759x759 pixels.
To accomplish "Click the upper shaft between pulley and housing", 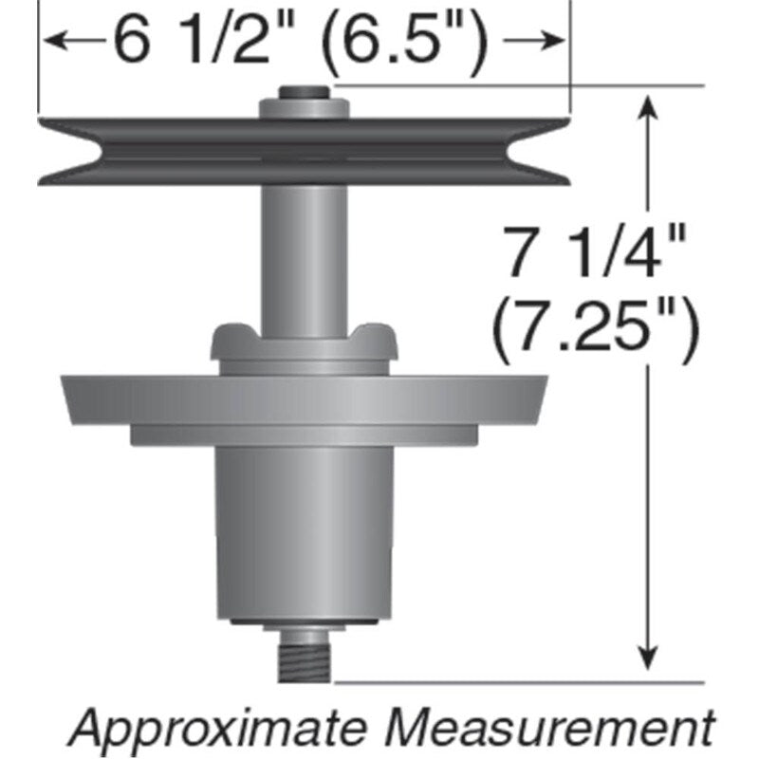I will tap(304, 256).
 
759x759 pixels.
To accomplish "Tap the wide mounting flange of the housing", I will tap(304, 398).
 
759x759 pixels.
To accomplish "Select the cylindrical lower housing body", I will tap(304, 531).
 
